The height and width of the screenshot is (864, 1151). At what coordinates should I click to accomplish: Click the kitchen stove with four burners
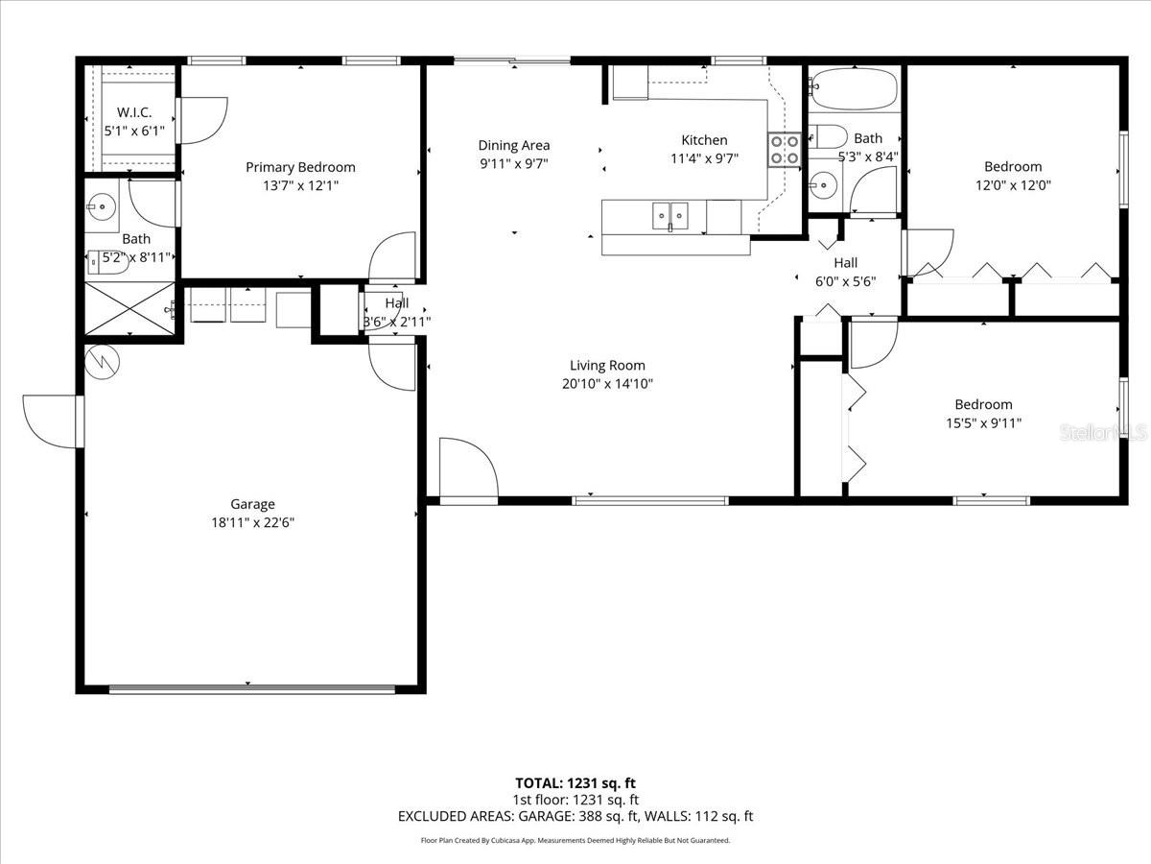click(783, 149)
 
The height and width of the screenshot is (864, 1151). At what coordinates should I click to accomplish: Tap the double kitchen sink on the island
click(670, 217)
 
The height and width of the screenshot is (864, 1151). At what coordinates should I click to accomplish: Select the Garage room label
click(252, 504)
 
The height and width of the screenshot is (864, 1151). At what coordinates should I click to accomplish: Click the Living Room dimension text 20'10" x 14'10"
click(607, 384)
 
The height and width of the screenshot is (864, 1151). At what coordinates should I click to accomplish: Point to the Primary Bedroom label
click(300, 167)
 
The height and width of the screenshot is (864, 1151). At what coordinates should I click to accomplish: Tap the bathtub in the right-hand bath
click(853, 90)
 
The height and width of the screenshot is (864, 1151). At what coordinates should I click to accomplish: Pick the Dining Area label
click(514, 145)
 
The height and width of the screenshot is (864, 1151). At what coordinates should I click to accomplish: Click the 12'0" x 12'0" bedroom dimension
click(1012, 185)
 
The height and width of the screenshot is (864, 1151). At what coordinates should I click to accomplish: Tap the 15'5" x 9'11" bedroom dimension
click(982, 422)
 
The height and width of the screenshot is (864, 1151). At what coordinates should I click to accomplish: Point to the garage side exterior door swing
click(50, 420)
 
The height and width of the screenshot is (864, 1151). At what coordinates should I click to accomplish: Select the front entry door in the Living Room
click(468, 470)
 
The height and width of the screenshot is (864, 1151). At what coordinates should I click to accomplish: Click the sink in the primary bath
click(101, 204)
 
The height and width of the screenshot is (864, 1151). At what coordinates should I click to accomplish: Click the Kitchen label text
click(704, 140)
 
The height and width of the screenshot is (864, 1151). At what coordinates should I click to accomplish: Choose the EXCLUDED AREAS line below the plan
click(575, 816)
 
